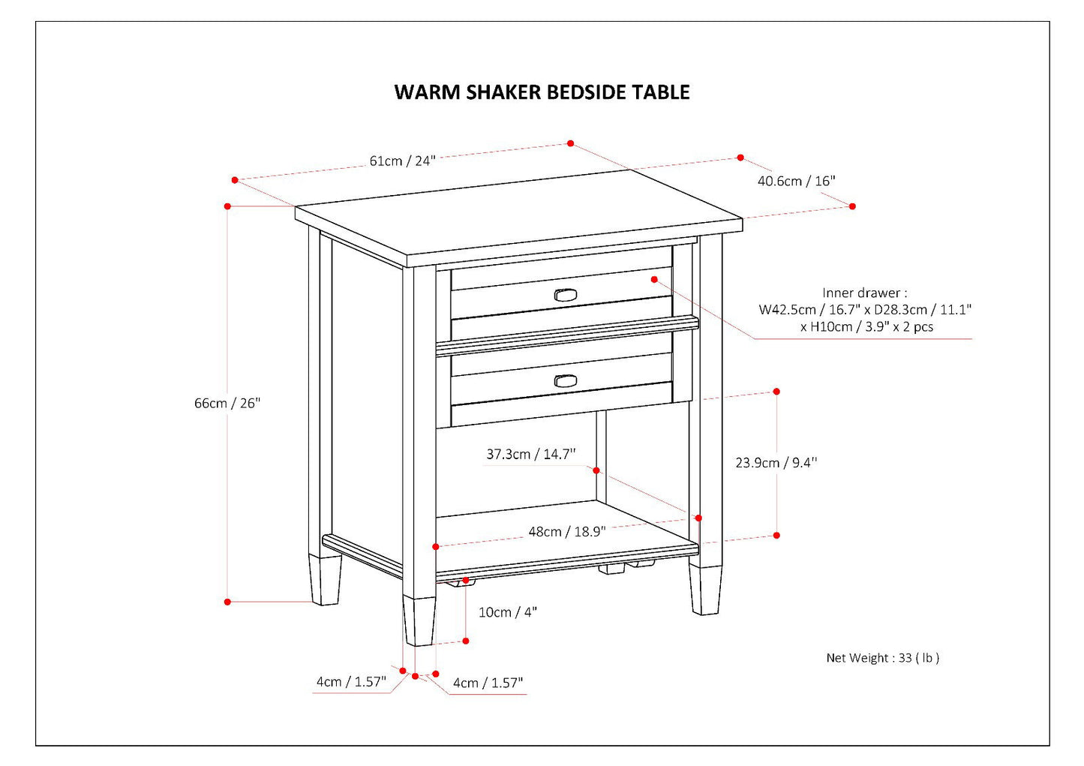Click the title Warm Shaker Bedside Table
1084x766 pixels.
pos(542,92)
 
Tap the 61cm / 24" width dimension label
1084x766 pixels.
pos(402,161)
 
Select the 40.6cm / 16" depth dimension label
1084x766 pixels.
pos(796,181)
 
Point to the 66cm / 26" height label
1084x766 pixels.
pos(227,403)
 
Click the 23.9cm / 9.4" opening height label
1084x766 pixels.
pos(776,463)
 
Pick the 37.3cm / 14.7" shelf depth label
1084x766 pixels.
pos(530,454)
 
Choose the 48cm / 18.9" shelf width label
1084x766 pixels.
pos(566,531)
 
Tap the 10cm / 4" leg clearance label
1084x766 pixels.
pos(508,612)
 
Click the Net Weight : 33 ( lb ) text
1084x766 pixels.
pos(882,658)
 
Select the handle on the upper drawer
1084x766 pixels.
pos(566,295)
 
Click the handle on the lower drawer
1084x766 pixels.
pos(566,381)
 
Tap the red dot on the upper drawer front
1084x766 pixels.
pos(654,279)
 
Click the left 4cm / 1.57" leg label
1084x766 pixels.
pos(350,682)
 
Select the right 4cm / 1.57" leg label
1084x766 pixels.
pos(488,683)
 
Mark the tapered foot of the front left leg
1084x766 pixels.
pos(419,621)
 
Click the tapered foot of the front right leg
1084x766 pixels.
pos(705,590)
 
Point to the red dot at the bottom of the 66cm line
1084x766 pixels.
pos(227,602)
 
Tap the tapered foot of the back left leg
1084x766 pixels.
pos(326,580)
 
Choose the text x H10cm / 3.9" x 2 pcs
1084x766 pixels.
pos(866,327)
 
